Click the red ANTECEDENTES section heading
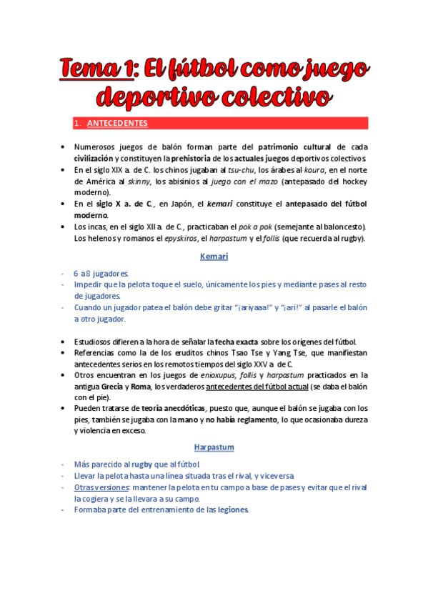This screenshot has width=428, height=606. click(x=117, y=123)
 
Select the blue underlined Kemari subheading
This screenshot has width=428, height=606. click(x=214, y=257)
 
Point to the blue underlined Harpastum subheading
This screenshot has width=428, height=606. click(x=214, y=447)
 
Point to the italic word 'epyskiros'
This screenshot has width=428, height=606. click(x=160, y=239)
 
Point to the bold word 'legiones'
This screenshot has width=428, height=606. click(x=233, y=510)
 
